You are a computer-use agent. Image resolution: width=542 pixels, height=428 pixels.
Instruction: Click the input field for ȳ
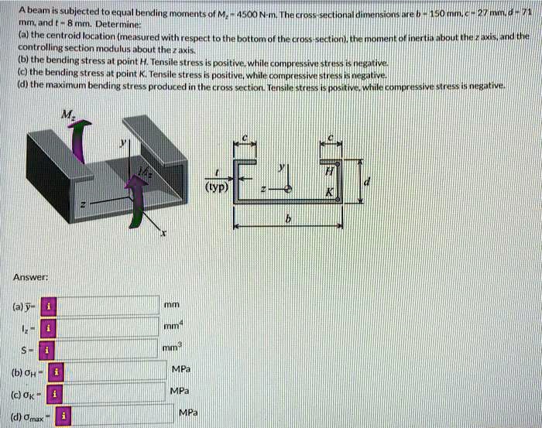(106, 306)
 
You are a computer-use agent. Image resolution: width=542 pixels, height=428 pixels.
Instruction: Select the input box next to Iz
(106, 327)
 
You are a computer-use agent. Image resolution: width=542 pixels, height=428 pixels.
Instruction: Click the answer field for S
(106, 349)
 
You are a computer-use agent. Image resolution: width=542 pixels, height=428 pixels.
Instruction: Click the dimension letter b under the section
(288, 221)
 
